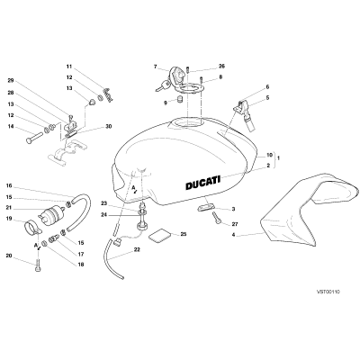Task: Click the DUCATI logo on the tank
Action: point(202,183)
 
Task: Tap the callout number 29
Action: point(11,80)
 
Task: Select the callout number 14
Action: point(11,127)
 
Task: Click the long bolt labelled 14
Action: point(34,139)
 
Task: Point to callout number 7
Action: point(155,67)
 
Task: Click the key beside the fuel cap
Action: point(163,85)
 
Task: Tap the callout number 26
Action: point(221,66)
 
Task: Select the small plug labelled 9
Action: point(180,99)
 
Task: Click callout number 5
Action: point(267,97)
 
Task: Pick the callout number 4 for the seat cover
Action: point(233,235)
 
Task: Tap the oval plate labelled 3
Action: point(206,207)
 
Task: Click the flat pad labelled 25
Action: point(159,234)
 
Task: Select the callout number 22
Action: point(137,249)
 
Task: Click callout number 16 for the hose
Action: point(9,185)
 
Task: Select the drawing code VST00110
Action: point(328,292)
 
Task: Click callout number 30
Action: point(108,127)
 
